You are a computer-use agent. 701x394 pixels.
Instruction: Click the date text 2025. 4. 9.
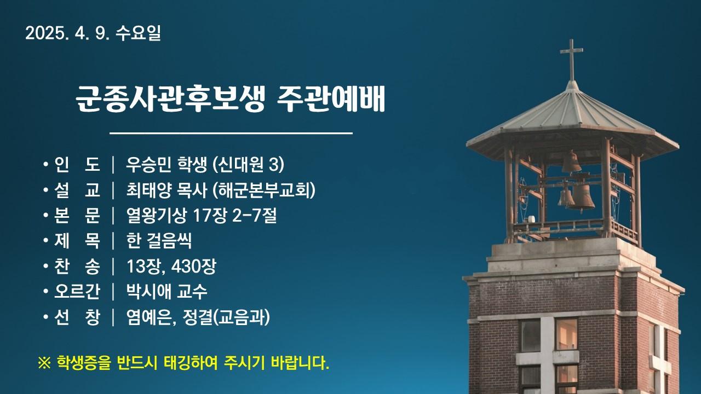click(x=67, y=33)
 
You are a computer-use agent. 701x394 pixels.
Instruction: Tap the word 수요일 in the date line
click(x=139, y=33)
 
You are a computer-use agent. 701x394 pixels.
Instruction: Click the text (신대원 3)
click(x=248, y=164)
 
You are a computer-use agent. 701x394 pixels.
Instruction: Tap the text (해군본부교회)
click(x=263, y=190)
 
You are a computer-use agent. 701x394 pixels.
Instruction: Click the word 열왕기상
click(x=156, y=216)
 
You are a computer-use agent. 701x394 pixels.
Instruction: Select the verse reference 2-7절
click(x=254, y=216)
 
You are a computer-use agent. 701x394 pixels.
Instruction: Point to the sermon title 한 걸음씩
click(x=159, y=241)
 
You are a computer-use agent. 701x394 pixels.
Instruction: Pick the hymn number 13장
click(x=143, y=266)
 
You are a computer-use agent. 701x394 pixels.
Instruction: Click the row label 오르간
click(x=77, y=292)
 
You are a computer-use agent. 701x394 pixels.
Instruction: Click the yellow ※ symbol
click(x=44, y=363)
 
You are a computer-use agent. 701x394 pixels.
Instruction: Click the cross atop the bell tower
click(x=571, y=60)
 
